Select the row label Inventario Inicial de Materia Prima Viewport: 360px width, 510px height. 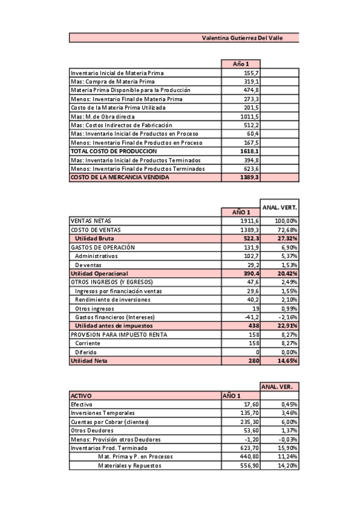click(x=117, y=73)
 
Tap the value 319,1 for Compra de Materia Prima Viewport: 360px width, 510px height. click(x=251, y=81)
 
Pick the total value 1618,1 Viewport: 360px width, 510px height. click(x=249, y=151)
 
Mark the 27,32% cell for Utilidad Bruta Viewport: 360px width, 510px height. click(x=287, y=238)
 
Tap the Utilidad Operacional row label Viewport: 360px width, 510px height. click(x=99, y=273)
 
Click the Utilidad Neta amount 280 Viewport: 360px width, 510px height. click(x=253, y=360)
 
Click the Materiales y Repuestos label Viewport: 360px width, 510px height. click(x=129, y=465)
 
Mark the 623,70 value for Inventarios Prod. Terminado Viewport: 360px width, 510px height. click(x=248, y=448)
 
